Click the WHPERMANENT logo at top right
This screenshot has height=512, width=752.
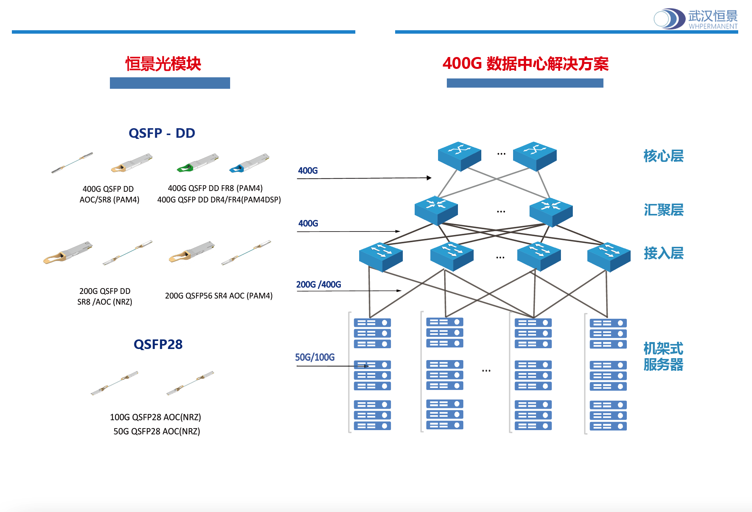coord(695,19)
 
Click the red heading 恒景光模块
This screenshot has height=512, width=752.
coord(163,64)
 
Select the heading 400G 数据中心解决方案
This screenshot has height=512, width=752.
coord(525,64)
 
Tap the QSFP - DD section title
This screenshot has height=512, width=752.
coord(162,133)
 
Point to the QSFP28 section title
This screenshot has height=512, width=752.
coord(158,344)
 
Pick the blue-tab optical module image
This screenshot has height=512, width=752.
coord(249,163)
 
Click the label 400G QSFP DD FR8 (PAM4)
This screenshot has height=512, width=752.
coord(215,188)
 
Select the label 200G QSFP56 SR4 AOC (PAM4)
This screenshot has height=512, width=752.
coord(219,296)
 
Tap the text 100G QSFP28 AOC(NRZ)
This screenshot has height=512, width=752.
coord(155,417)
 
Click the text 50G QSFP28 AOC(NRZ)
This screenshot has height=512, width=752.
coord(157,431)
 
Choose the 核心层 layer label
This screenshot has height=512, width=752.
coord(664,156)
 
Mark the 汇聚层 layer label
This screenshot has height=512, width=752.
coord(664,210)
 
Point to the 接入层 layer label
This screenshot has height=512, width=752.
coord(664,253)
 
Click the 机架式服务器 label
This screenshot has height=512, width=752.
coord(663,357)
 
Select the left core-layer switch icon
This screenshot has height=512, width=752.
coord(459,156)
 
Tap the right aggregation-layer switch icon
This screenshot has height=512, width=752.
coord(551,211)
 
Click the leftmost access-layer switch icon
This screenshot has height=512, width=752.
coord(381,256)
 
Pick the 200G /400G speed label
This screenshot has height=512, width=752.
coord(319,285)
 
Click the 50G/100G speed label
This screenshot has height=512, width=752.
coord(315,357)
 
